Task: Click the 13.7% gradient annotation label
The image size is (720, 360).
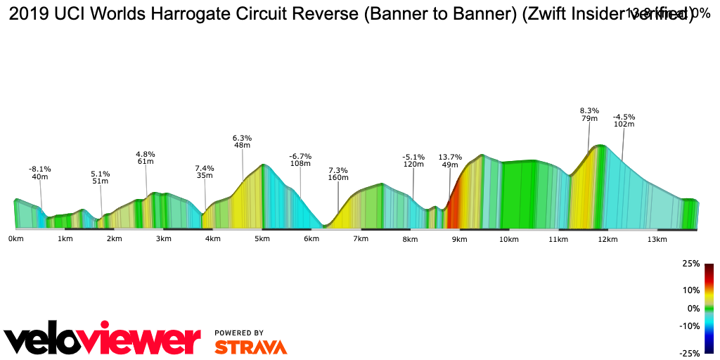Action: pyautogui.click(x=450, y=161)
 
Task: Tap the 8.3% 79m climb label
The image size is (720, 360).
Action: pyautogui.click(x=589, y=115)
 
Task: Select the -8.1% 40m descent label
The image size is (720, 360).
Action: pyautogui.click(x=40, y=173)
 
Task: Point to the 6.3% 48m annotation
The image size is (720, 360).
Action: pyautogui.click(x=243, y=141)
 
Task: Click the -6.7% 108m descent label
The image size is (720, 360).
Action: pyautogui.click(x=300, y=160)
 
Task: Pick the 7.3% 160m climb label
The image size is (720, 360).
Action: pyautogui.click(x=338, y=174)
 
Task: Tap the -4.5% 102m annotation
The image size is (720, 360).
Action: pyautogui.click(x=624, y=120)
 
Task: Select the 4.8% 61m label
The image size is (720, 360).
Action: pyautogui.click(x=146, y=157)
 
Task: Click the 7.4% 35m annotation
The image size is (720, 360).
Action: pyautogui.click(x=205, y=172)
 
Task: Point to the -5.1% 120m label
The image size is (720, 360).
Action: pyautogui.click(x=413, y=160)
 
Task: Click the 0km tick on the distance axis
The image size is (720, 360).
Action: pyautogui.click(x=15, y=239)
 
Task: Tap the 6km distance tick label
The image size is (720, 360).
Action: pyautogui.click(x=311, y=239)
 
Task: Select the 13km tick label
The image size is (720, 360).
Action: pyautogui.click(x=657, y=239)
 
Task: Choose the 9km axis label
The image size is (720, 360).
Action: pyautogui.click(x=459, y=239)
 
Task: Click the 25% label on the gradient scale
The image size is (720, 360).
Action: pyautogui.click(x=690, y=264)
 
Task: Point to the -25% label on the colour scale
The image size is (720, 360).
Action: pyautogui.click(x=689, y=354)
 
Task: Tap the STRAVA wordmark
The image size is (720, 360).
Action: pyautogui.click(x=250, y=347)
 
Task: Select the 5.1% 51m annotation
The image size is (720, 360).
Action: pyautogui.click(x=101, y=177)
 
